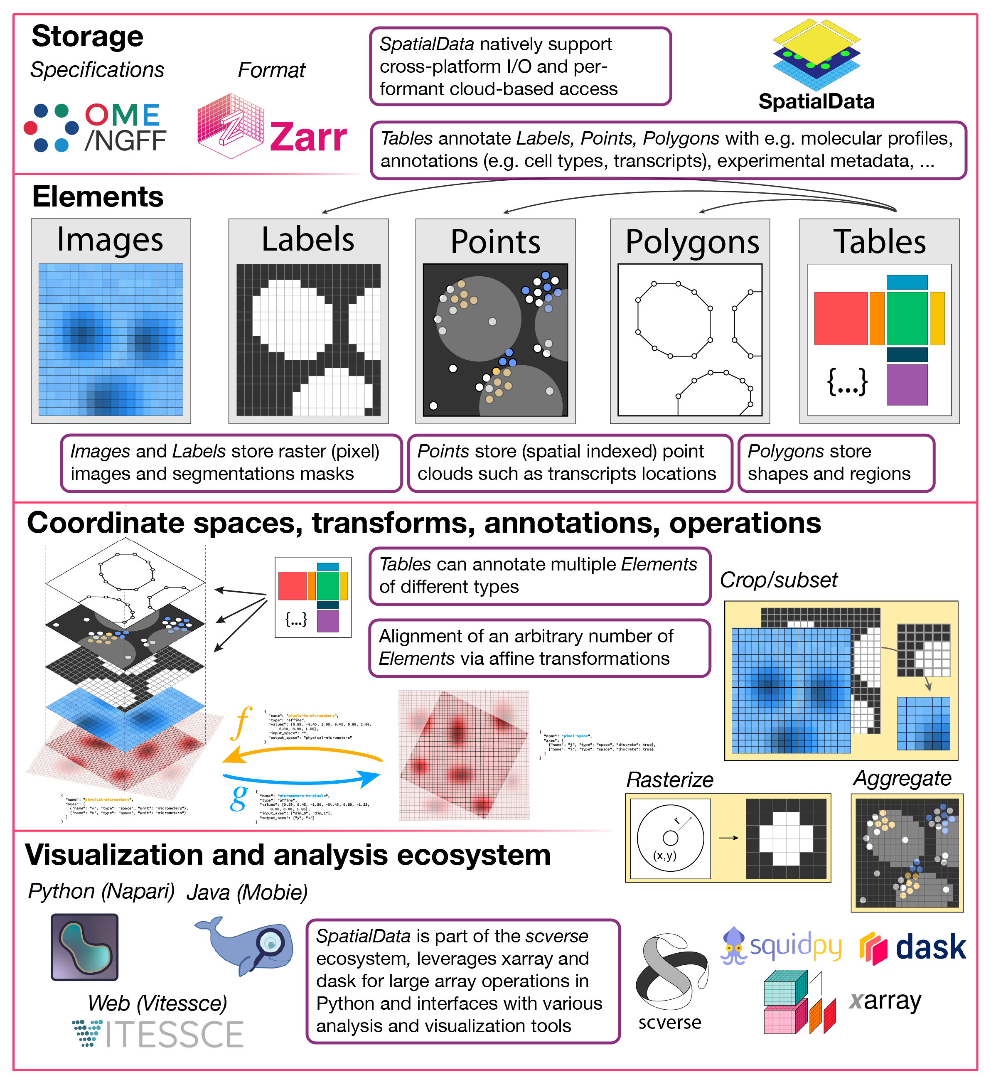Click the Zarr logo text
308,138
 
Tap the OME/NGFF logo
96,128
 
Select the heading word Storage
88,37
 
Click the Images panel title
110,239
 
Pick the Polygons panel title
692,242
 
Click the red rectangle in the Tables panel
840,318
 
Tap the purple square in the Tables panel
907,384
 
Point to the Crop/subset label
778,580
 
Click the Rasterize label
670,780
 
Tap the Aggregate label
902,778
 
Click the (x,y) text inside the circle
664,856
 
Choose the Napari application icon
84,947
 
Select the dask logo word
930,947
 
